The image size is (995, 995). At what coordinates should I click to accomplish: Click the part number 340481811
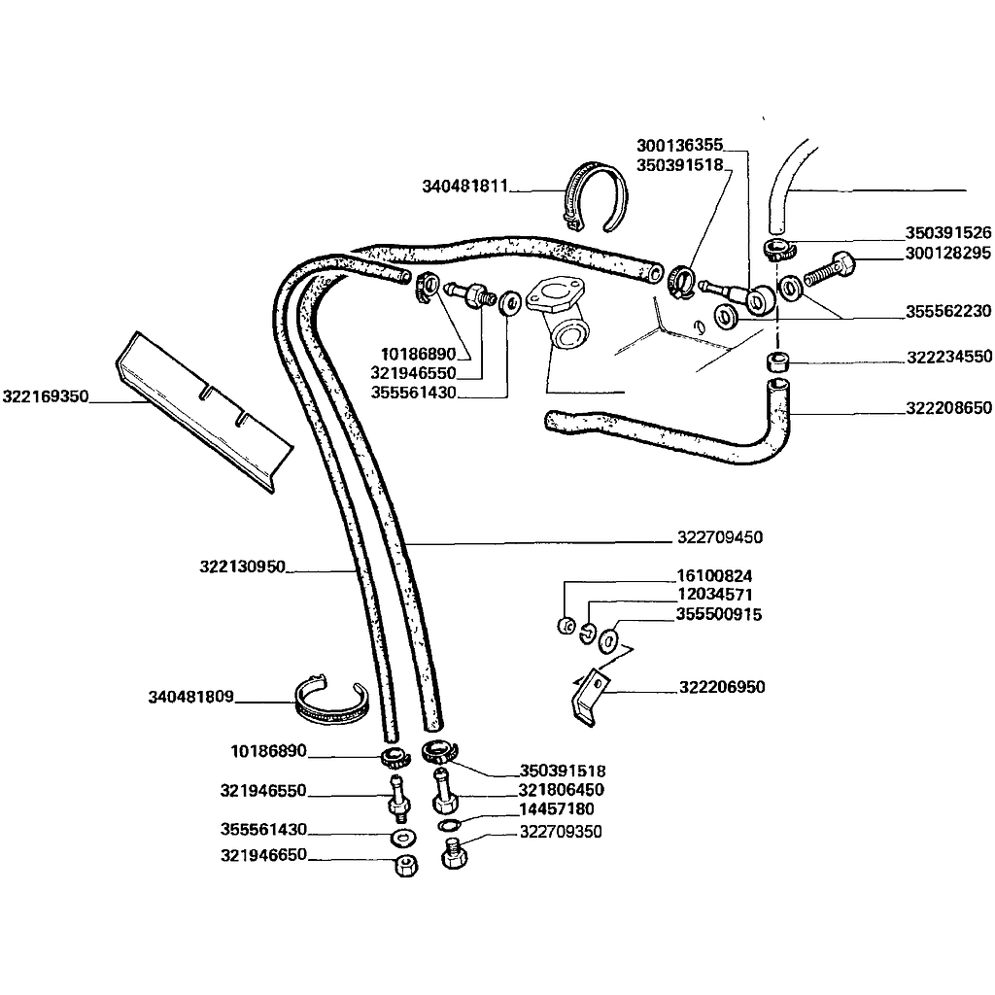[465, 186]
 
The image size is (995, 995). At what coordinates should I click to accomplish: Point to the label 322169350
[46, 396]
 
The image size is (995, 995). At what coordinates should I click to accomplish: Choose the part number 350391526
[947, 233]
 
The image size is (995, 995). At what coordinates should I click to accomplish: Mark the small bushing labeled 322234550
[777, 363]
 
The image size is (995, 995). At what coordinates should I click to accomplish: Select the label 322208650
[948, 408]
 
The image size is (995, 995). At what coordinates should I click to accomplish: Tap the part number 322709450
[719, 537]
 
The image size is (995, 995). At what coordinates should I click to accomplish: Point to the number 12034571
[714, 594]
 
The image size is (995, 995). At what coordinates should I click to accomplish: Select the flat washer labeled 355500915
[609, 640]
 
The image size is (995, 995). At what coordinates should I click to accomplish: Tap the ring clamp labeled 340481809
[331, 703]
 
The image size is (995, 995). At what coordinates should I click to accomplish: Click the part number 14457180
[556, 808]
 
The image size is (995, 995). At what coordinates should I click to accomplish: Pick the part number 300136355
[679, 145]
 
